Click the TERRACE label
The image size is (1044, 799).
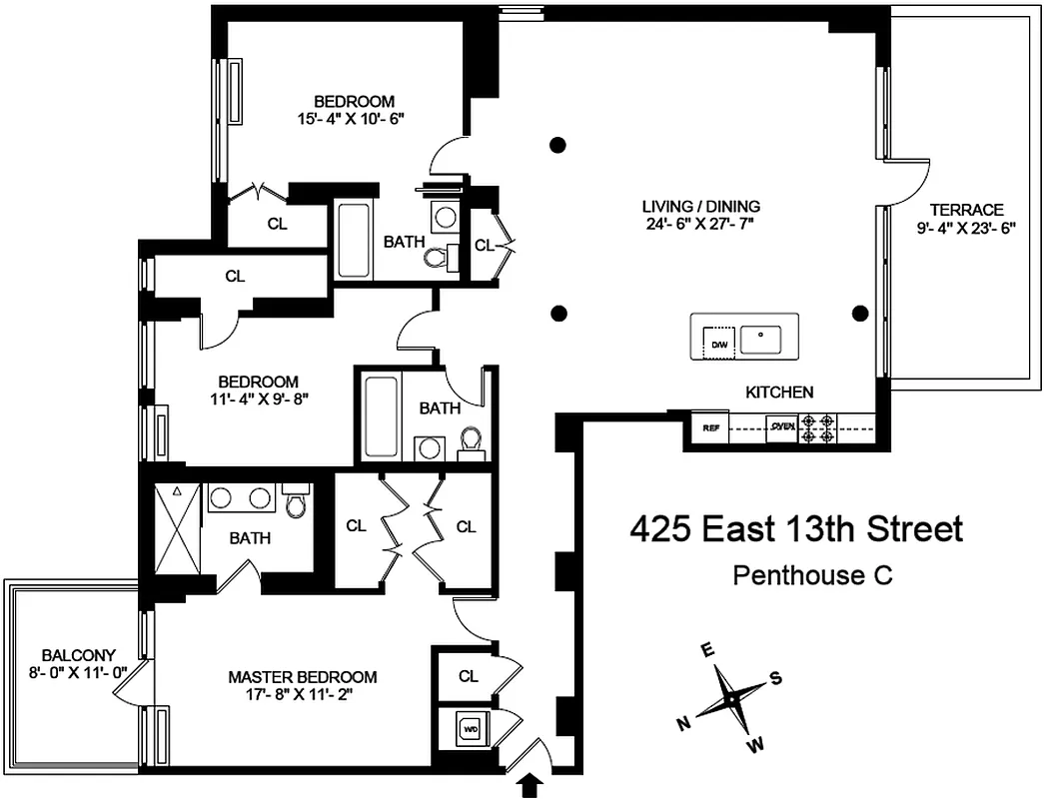[x=965, y=210]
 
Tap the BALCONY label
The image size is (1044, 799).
[x=72, y=655]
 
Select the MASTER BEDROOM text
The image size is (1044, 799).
[x=302, y=677]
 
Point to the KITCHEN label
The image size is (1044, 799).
[x=779, y=393]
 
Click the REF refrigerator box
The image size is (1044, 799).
[x=711, y=428]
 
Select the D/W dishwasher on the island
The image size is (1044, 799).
[x=718, y=345]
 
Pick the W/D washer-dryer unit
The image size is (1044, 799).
[x=470, y=729]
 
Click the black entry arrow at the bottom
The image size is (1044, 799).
[x=530, y=787]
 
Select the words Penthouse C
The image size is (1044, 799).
[x=811, y=575]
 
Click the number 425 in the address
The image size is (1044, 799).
[x=660, y=529]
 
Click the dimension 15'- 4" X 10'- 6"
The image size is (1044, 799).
[x=354, y=118]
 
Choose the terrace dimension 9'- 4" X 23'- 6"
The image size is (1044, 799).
[x=965, y=228]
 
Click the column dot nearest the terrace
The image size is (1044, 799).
[x=858, y=313]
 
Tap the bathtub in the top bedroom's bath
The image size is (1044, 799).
[x=354, y=241]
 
